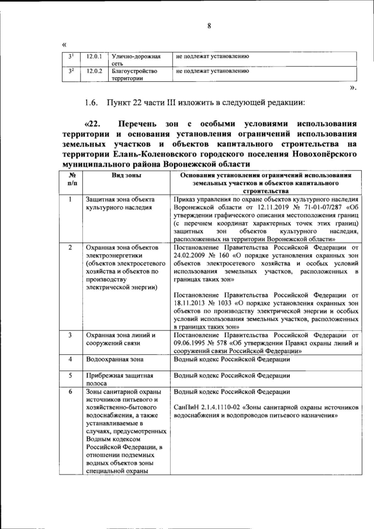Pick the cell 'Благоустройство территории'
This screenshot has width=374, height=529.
click(x=134, y=75)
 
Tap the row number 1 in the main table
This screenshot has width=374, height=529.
click(x=71, y=199)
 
